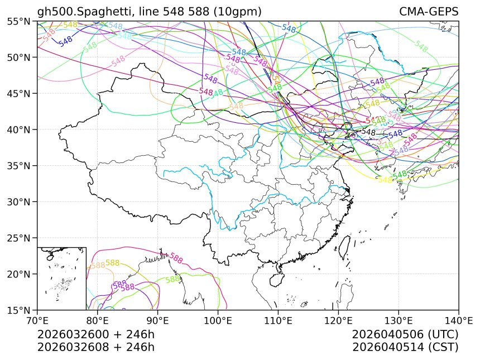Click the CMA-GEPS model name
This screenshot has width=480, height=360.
point(429,12)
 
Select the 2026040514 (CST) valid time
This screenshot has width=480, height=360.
point(405,347)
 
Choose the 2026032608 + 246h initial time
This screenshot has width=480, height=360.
point(95,347)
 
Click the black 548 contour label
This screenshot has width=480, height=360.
point(369,132)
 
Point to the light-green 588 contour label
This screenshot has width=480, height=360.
point(172,279)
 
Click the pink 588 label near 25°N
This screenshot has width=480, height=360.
point(176,258)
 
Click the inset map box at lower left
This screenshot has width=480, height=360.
point(61,278)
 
